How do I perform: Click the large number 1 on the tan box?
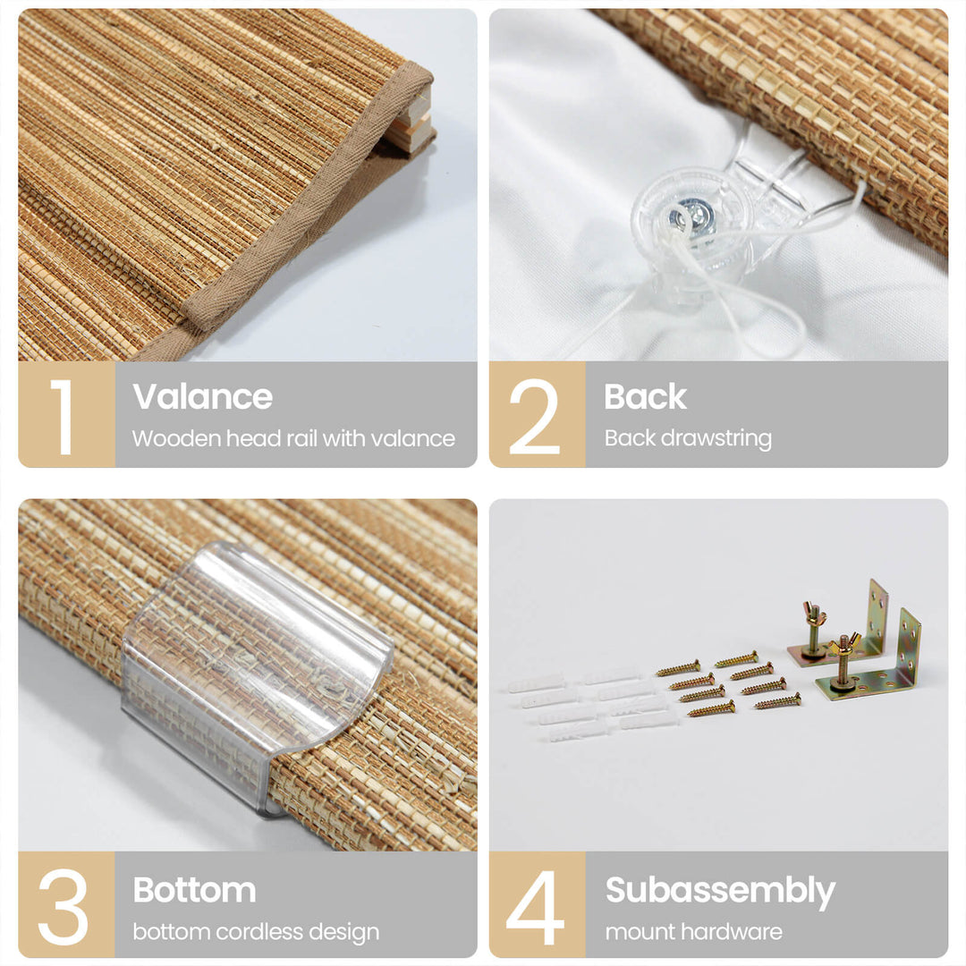click(63, 417)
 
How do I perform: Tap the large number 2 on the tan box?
click(534, 417)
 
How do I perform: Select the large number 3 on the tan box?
click(63, 907)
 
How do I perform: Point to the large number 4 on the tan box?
click(535, 907)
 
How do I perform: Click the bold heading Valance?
click(202, 396)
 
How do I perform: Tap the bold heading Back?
click(645, 396)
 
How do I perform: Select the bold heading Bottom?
click(194, 890)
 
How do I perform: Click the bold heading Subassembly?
click(720, 891)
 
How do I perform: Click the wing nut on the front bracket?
click(843, 644)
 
